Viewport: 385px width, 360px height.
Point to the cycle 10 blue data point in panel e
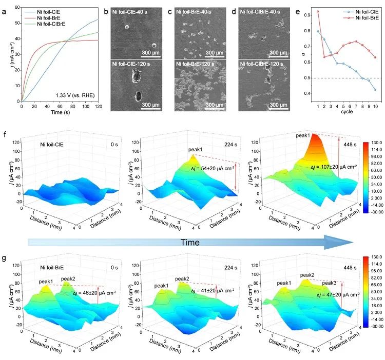click(375, 90)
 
